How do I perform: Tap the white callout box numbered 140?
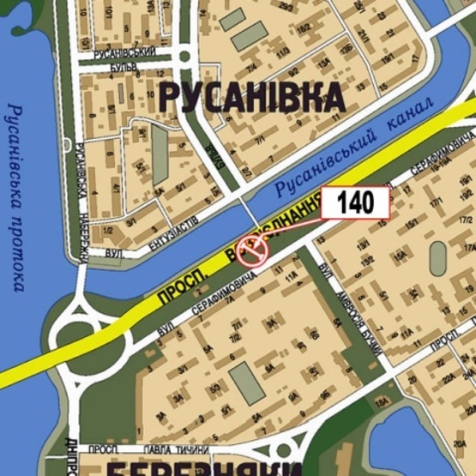pyautogui.click(x=355, y=203)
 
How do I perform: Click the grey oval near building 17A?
pyautogui.click(x=438, y=257)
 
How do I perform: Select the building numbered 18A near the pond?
pyautogui.click(x=385, y=404)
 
